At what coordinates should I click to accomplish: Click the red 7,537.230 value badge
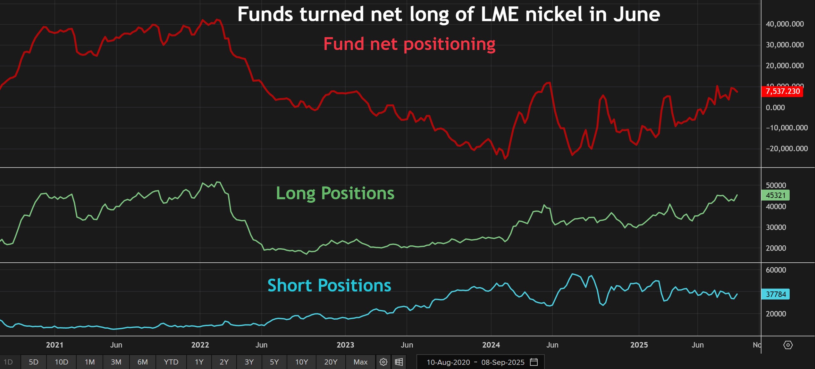pyautogui.click(x=782, y=91)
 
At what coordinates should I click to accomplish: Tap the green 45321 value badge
pyautogui.click(x=775, y=195)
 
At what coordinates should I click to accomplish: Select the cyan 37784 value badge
pyautogui.click(x=775, y=294)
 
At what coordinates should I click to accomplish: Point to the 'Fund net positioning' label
pyautogui.click(x=409, y=44)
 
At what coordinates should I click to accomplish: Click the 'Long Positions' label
pyautogui.click(x=335, y=193)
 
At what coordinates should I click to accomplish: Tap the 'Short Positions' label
pyautogui.click(x=329, y=285)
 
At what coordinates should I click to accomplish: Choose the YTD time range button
pyautogui.click(x=171, y=362)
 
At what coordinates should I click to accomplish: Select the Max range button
pyautogui.click(x=360, y=362)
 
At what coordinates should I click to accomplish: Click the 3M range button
pyautogui.click(x=116, y=362)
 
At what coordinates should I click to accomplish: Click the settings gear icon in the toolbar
pyautogui.click(x=383, y=362)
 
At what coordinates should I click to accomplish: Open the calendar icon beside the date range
pyautogui.click(x=534, y=362)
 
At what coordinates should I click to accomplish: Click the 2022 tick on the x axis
pyautogui.click(x=200, y=345)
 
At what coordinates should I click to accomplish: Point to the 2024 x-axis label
pyautogui.click(x=491, y=345)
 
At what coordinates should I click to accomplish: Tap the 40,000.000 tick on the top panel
pyautogui.click(x=785, y=24)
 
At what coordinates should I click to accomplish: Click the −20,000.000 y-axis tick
pyautogui.click(x=786, y=149)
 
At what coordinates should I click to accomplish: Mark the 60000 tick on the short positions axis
pyautogui.click(x=776, y=270)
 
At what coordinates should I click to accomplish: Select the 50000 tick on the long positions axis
pyautogui.click(x=776, y=185)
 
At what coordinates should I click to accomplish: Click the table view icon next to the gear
pyautogui.click(x=399, y=362)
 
